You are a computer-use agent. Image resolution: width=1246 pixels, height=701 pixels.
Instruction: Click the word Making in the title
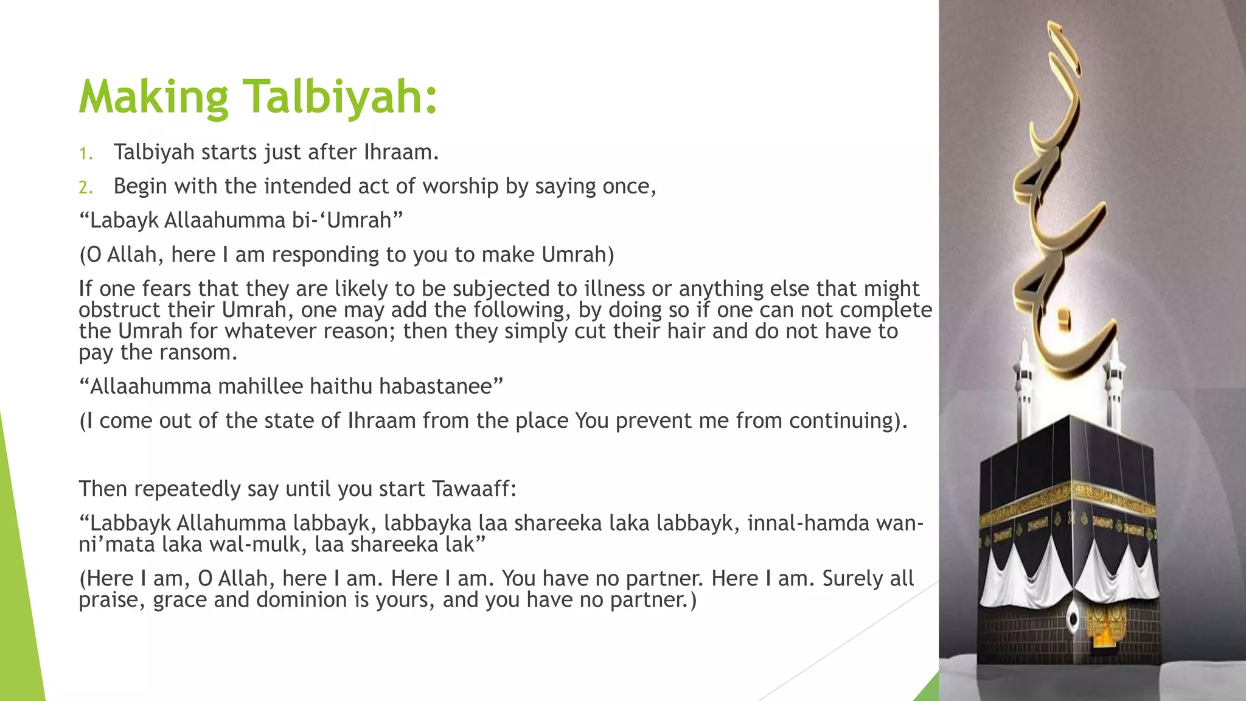click(x=153, y=97)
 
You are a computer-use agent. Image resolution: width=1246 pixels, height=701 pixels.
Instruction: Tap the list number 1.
click(x=85, y=153)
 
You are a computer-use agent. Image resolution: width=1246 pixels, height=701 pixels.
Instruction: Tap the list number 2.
click(x=85, y=187)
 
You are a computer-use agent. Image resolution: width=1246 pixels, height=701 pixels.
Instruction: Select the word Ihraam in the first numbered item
click(x=401, y=152)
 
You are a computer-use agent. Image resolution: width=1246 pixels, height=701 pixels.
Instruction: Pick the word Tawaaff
click(x=473, y=489)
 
